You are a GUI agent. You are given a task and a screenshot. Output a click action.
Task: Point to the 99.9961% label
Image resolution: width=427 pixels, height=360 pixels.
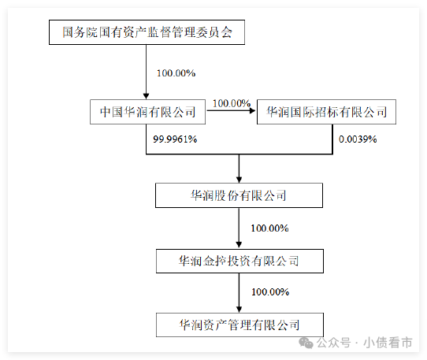coord(175,139)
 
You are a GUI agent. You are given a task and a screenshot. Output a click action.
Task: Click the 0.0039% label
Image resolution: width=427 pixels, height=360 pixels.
coord(358,139)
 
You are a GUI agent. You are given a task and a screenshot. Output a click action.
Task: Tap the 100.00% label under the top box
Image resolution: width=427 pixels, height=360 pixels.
coord(176,73)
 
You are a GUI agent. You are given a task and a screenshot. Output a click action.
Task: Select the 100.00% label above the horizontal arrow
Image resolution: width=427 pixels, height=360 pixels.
coord(232,103)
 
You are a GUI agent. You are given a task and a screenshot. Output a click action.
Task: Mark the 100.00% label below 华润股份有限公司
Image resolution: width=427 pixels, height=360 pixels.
coord(269,228)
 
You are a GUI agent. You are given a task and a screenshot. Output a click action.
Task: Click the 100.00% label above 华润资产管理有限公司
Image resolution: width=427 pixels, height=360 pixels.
coord(270,292)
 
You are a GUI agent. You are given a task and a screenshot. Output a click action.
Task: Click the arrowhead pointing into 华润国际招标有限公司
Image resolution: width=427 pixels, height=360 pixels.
coord(253,110)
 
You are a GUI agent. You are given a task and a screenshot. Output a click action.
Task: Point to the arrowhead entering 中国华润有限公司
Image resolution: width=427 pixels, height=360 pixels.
coord(147,96)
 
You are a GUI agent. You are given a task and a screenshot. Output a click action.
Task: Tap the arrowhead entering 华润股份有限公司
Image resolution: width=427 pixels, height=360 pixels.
coord(239,180)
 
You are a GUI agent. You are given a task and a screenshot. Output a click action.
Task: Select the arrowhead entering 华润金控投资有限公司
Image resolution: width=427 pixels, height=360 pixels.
coord(239,244)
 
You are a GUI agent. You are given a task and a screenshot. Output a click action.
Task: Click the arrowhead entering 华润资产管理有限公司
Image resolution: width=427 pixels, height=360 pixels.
coord(239,310)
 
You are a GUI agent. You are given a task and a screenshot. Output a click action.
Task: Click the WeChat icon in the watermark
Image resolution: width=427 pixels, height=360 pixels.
coord(306,343)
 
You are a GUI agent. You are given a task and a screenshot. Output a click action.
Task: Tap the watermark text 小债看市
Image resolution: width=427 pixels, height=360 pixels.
coord(388,343)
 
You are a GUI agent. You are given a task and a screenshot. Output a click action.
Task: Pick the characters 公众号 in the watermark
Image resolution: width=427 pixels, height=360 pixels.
coord(333,343)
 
